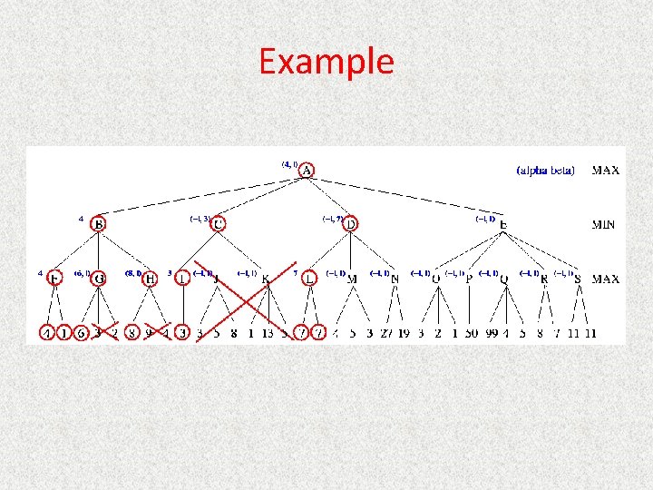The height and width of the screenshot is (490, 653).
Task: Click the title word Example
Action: tap(326, 62)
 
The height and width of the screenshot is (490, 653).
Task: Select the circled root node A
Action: tap(307, 171)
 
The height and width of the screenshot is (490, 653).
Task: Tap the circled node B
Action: tap(99, 224)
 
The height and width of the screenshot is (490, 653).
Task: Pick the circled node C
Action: tap(219, 224)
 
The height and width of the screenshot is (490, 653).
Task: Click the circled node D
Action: tap(351, 223)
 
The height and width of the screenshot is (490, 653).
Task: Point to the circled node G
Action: tap(99, 279)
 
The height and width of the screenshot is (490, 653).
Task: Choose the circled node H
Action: tap(151, 279)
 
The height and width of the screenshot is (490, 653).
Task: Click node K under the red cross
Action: tap(266, 279)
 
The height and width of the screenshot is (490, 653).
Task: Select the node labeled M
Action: tap(352, 279)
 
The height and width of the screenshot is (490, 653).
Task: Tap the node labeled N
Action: tap(395, 279)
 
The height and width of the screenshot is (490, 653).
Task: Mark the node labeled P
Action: tap(469, 279)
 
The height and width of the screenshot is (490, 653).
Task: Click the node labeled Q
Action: tap(504, 279)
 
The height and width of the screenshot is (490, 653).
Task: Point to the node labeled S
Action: tap(578, 279)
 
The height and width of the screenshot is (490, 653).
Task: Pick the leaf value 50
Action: tap(471, 334)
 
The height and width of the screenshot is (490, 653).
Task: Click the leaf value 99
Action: tap(493, 334)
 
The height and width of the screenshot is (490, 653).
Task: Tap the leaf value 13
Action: tap(267, 334)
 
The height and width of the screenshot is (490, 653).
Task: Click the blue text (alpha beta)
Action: tap(545, 171)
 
